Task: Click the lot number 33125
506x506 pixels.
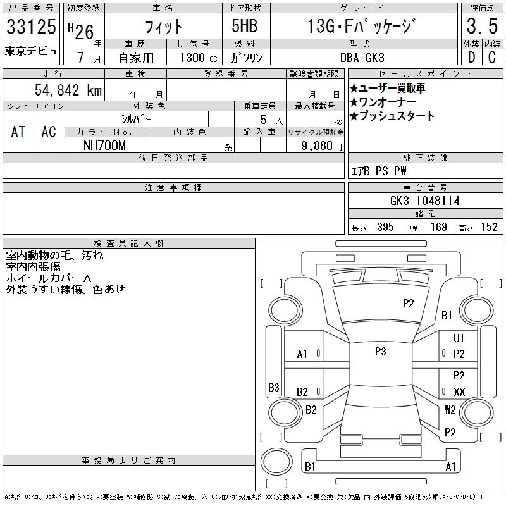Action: pos(31,27)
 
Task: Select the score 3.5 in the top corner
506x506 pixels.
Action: pos(482,26)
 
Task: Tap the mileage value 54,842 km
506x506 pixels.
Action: pos(68,90)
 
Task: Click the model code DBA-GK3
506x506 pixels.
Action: pos(362,58)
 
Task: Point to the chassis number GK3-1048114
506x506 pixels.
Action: pos(424,201)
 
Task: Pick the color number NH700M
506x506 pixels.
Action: pos(104,145)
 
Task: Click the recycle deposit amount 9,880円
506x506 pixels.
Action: pos(321,146)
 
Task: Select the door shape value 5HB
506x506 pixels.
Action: pos(245,26)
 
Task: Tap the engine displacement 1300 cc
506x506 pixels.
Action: pos(199,58)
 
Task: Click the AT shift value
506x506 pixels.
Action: pos(18,132)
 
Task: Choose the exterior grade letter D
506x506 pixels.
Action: pos(471,58)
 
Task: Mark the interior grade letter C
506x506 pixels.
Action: pos(492,58)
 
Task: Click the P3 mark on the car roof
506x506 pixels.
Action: pos(381,351)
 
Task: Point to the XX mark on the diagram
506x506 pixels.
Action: pos(459,392)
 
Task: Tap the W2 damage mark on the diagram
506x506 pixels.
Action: pos(450,409)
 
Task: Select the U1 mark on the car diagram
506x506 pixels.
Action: pos(458,338)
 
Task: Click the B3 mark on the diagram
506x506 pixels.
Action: pos(274,387)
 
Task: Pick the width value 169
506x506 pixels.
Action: pos(438,227)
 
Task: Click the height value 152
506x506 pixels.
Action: pos(489,227)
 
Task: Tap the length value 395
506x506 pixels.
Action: pos(385,227)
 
